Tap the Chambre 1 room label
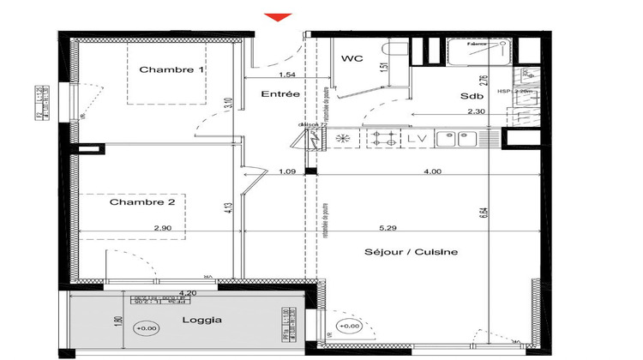171,70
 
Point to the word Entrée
280,94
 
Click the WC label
352,59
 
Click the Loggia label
201,320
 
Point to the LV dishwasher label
418,138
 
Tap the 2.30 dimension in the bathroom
476,111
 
